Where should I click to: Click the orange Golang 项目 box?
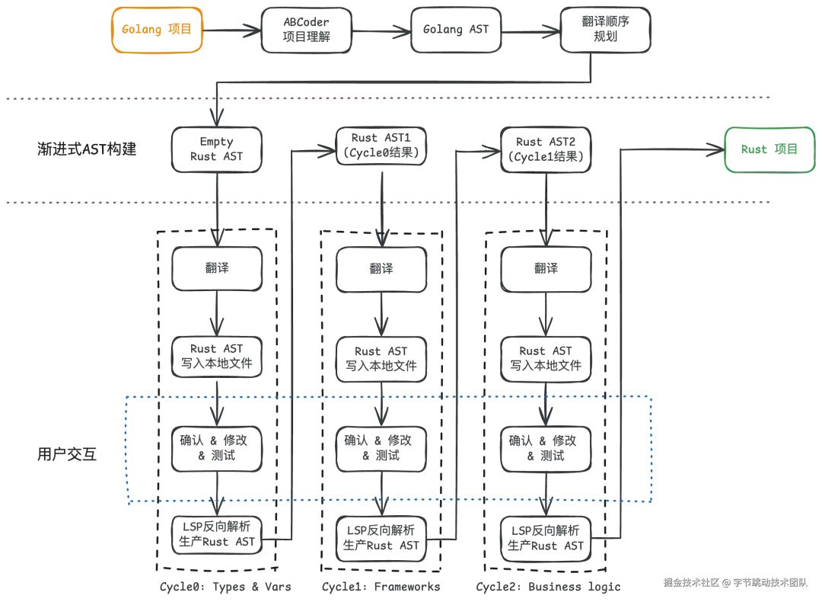click(157, 30)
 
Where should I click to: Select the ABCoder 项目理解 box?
click(306, 30)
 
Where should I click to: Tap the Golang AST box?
click(456, 30)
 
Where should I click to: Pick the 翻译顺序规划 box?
click(606, 30)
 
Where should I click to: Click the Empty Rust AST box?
click(216, 149)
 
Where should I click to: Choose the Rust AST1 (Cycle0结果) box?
click(381, 146)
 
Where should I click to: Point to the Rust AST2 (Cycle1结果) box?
click(546, 149)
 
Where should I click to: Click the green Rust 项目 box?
click(769, 149)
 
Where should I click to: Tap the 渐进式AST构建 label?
click(87, 149)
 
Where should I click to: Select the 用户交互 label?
click(67, 454)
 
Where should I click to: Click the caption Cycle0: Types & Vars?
click(225, 587)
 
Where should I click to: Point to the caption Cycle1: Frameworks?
click(381, 587)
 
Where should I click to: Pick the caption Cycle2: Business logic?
click(548, 587)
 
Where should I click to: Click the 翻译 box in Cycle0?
click(216, 269)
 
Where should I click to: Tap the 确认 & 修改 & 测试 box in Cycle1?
click(381, 449)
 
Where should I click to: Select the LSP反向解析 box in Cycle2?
click(546, 539)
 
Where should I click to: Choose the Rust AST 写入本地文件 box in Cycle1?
click(381, 359)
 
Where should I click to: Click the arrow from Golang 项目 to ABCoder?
click(231, 30)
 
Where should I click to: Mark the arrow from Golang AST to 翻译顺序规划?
click(530, 31)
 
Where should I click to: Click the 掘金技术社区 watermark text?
click(691, 582)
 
